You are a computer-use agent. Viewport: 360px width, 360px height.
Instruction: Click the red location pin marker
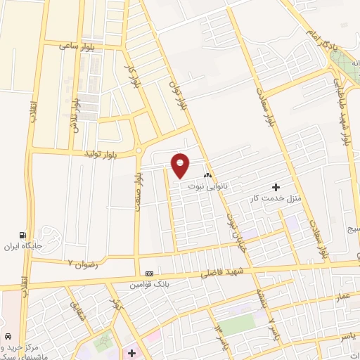coord(181,165)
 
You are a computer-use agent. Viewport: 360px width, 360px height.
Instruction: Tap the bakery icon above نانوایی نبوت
coord(207,176)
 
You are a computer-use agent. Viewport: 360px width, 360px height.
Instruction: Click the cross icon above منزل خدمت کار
coord(275,187)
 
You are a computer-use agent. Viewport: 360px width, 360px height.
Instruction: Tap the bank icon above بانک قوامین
coord(149,274)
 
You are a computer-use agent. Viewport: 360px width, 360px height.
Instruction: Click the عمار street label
coord(342,298)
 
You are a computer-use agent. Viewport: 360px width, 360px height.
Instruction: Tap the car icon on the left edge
coord(7,337)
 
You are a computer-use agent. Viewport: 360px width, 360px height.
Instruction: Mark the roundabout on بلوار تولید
coord(139,150)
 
